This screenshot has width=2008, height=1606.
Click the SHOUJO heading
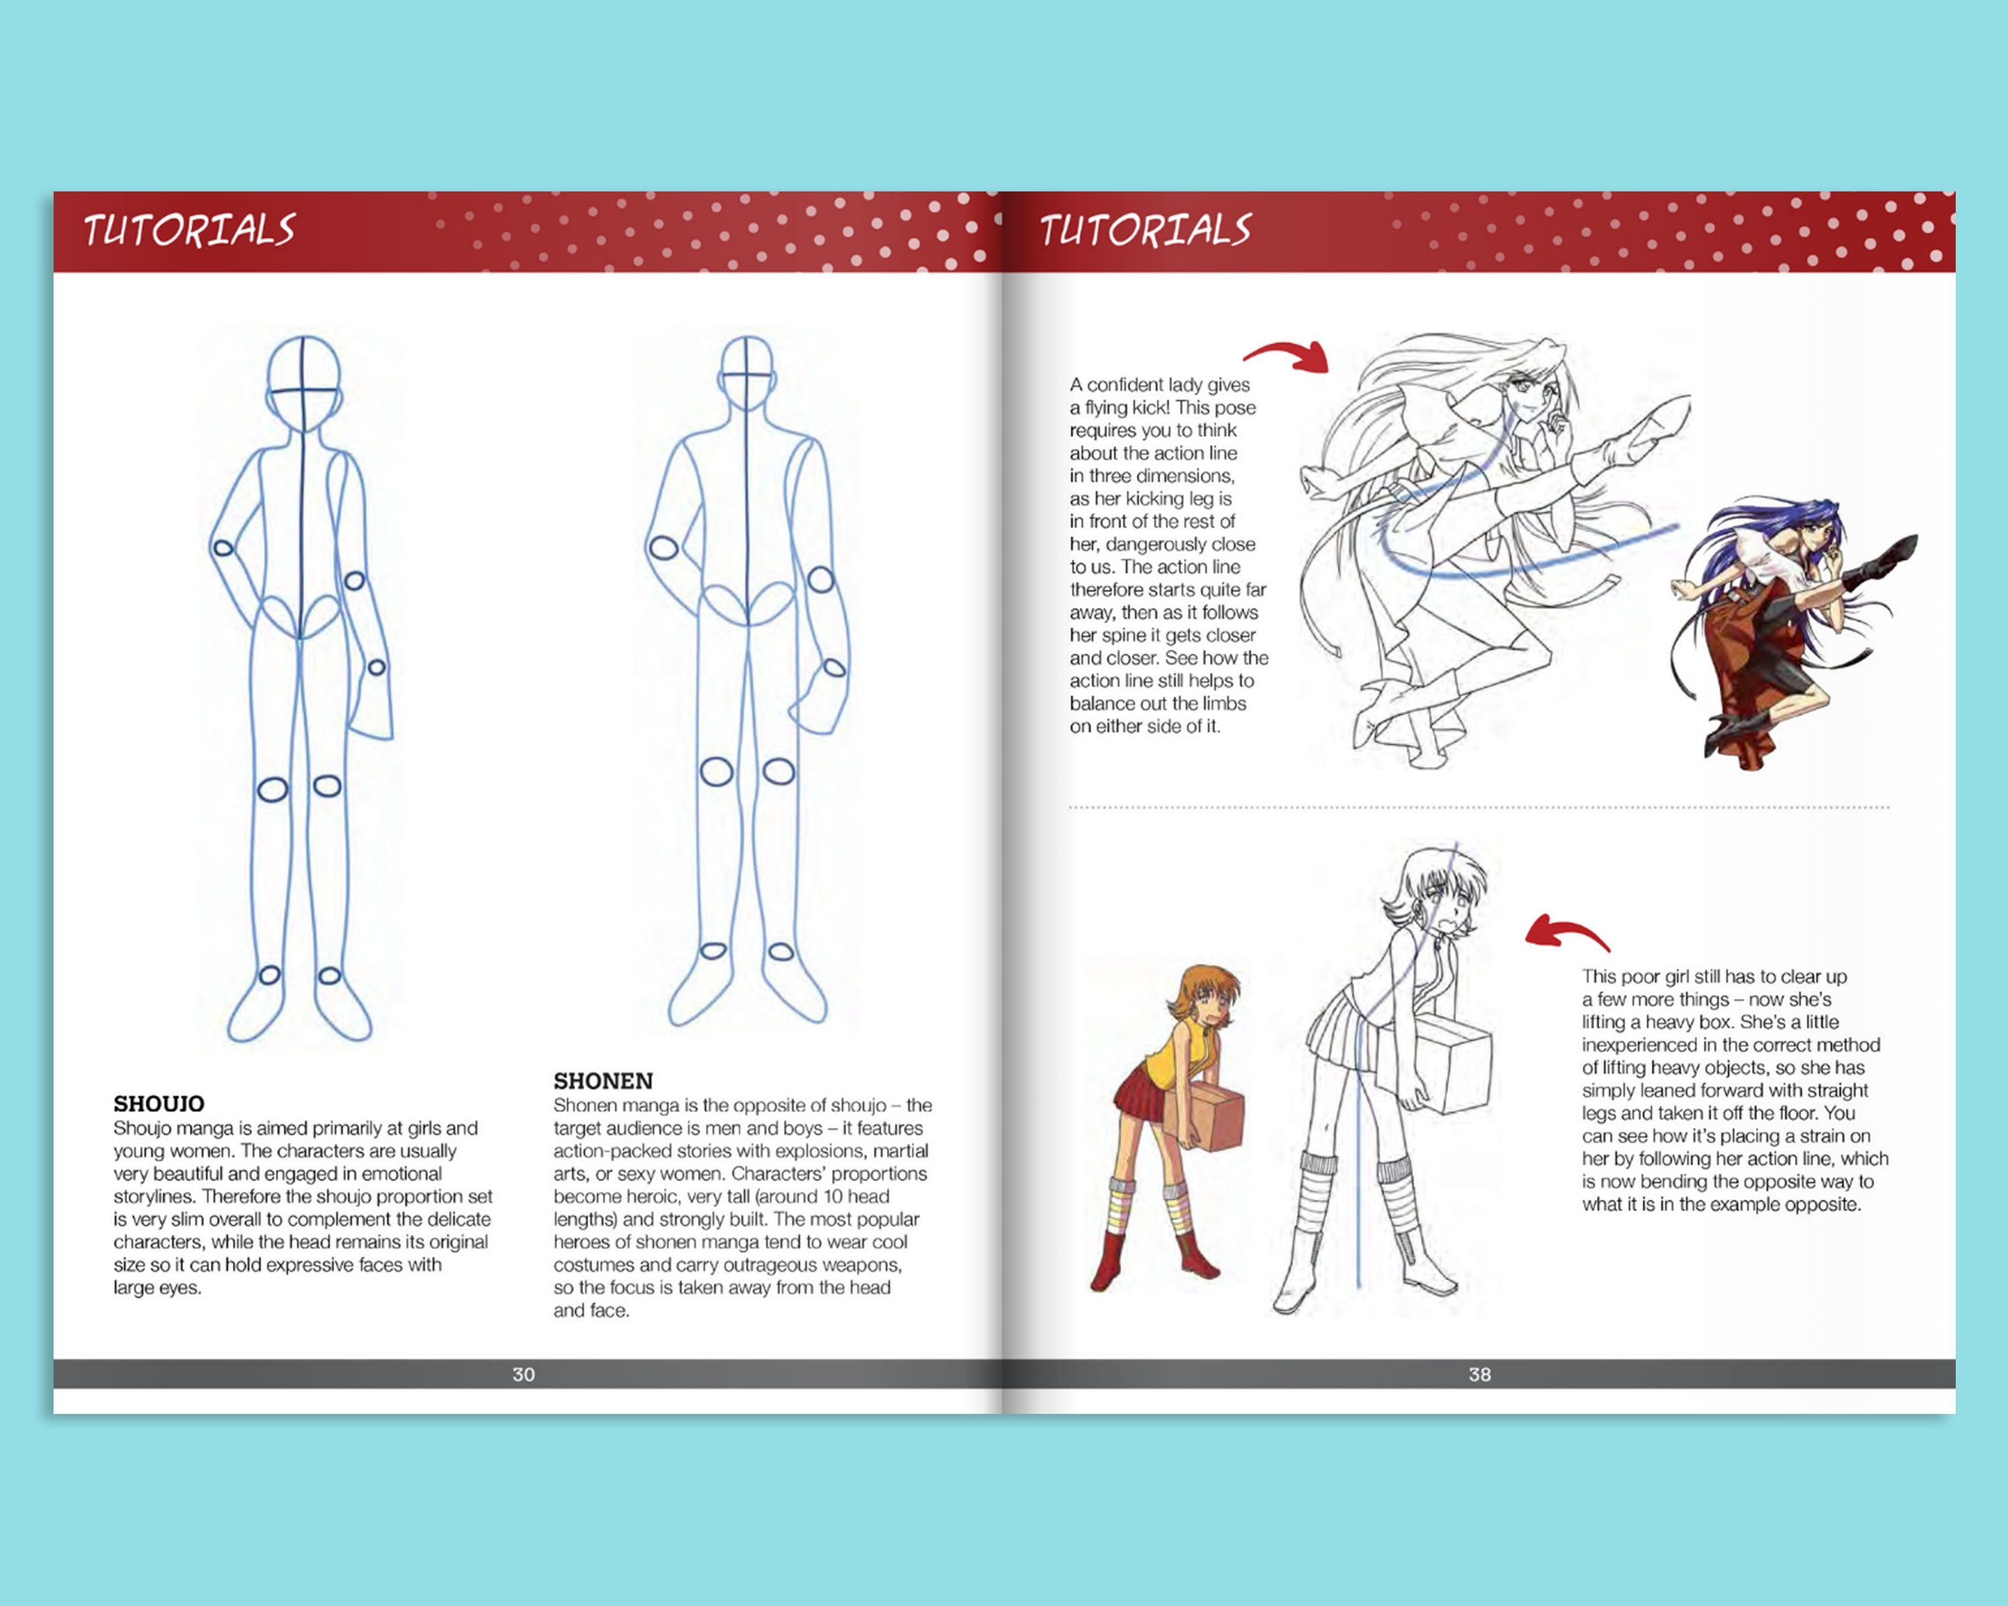[x=159, y=1103]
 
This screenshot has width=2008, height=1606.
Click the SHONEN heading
[x=602, y=1081]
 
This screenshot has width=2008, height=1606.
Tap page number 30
[x=523, y=1374]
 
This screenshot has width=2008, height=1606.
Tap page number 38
[x=1479, y=1374]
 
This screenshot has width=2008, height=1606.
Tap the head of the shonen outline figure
[x=746, y=373]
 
